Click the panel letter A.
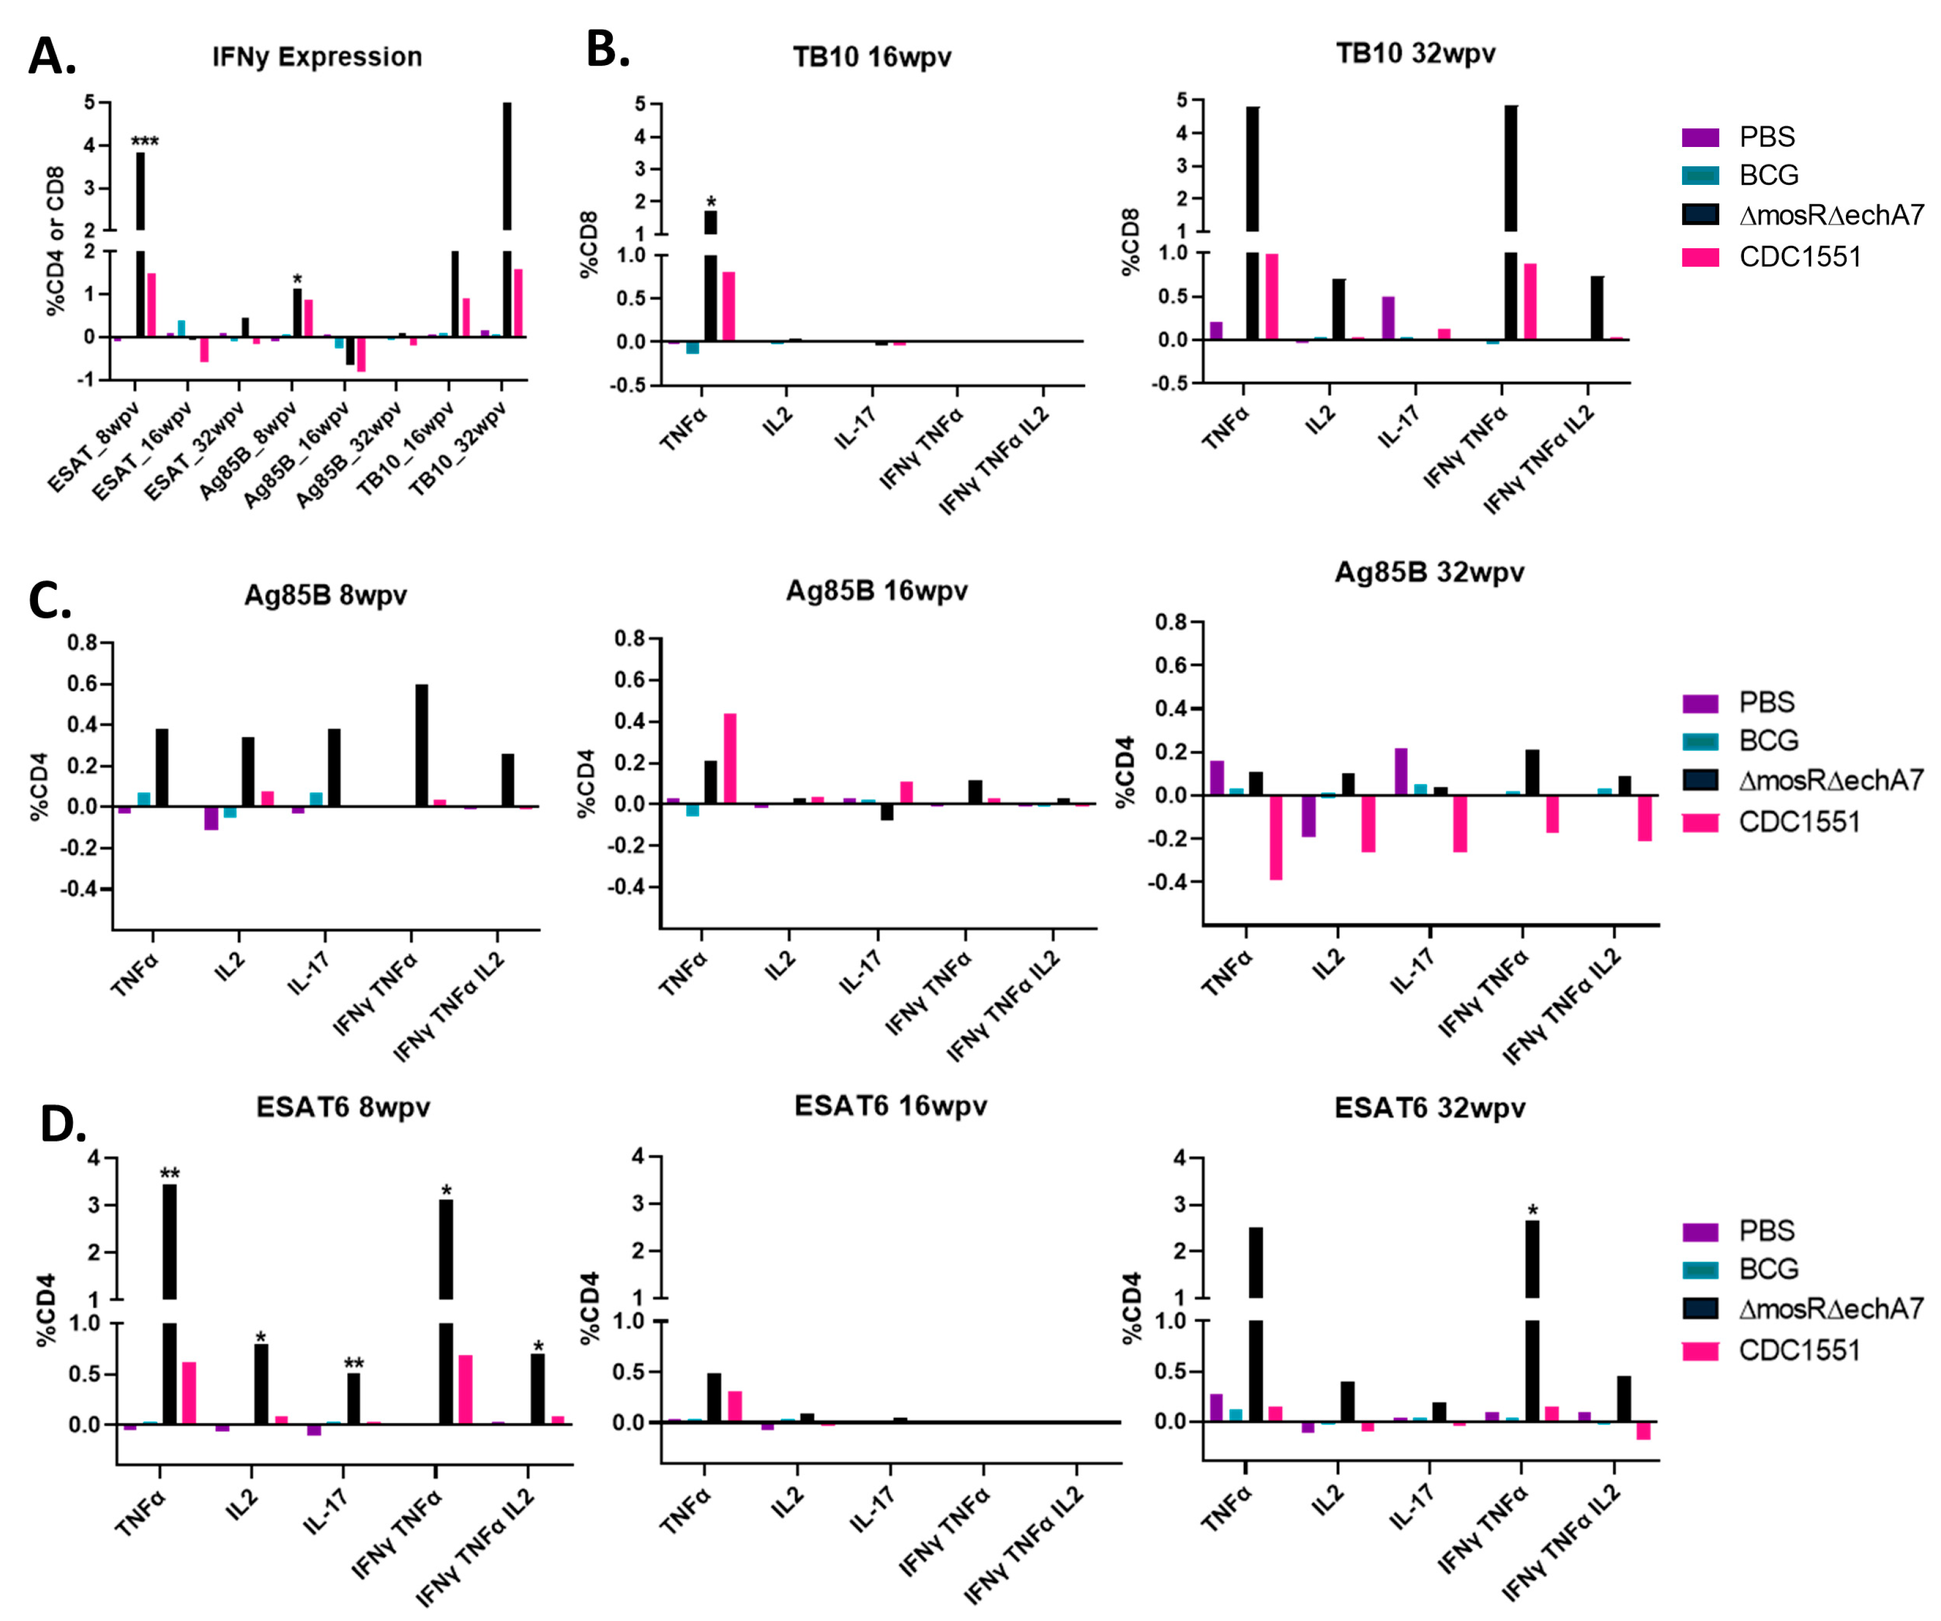point(52,57)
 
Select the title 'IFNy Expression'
point(317,57)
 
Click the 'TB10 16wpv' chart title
point(872,57)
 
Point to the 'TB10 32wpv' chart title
point(1415,54)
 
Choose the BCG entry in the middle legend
point(1768,740)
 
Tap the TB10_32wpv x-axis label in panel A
point(457,449)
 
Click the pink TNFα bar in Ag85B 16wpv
point(730,758)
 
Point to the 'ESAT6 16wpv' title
point(890,1106)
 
